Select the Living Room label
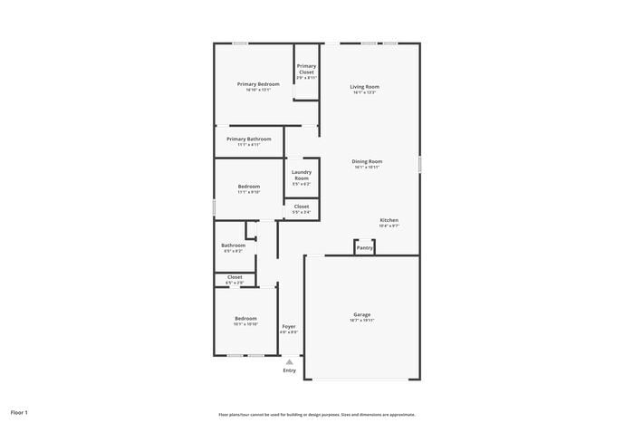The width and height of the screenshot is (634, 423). (x=364, y=87)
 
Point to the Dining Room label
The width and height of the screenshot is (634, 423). (x=367, y=161)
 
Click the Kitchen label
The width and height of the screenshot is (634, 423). (x=389, y=220)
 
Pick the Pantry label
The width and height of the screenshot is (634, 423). (x=364, y=247)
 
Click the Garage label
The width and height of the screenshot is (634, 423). (x=362, y=314)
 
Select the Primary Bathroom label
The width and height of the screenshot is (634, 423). (x=249, y=139)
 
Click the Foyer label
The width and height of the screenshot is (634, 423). (x=289, y=326)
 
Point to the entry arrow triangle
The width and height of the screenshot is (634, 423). (x=290, y=361)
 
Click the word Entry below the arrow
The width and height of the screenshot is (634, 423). (x=290, y=370)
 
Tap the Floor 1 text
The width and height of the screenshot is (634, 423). (x=19, y=412)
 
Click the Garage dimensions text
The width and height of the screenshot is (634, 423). (x=362, y=321)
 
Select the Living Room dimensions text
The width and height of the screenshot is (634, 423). (x=364, y=92)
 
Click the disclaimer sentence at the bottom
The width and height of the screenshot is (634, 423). (x=316, y=413)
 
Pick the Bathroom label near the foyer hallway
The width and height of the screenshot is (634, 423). (x=234, y=245)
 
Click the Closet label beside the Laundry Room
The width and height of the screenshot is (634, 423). (x=302, y=207)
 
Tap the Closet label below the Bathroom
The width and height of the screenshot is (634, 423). (x=235, y=277)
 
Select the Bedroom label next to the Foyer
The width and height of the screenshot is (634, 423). (x=246, y=318)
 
